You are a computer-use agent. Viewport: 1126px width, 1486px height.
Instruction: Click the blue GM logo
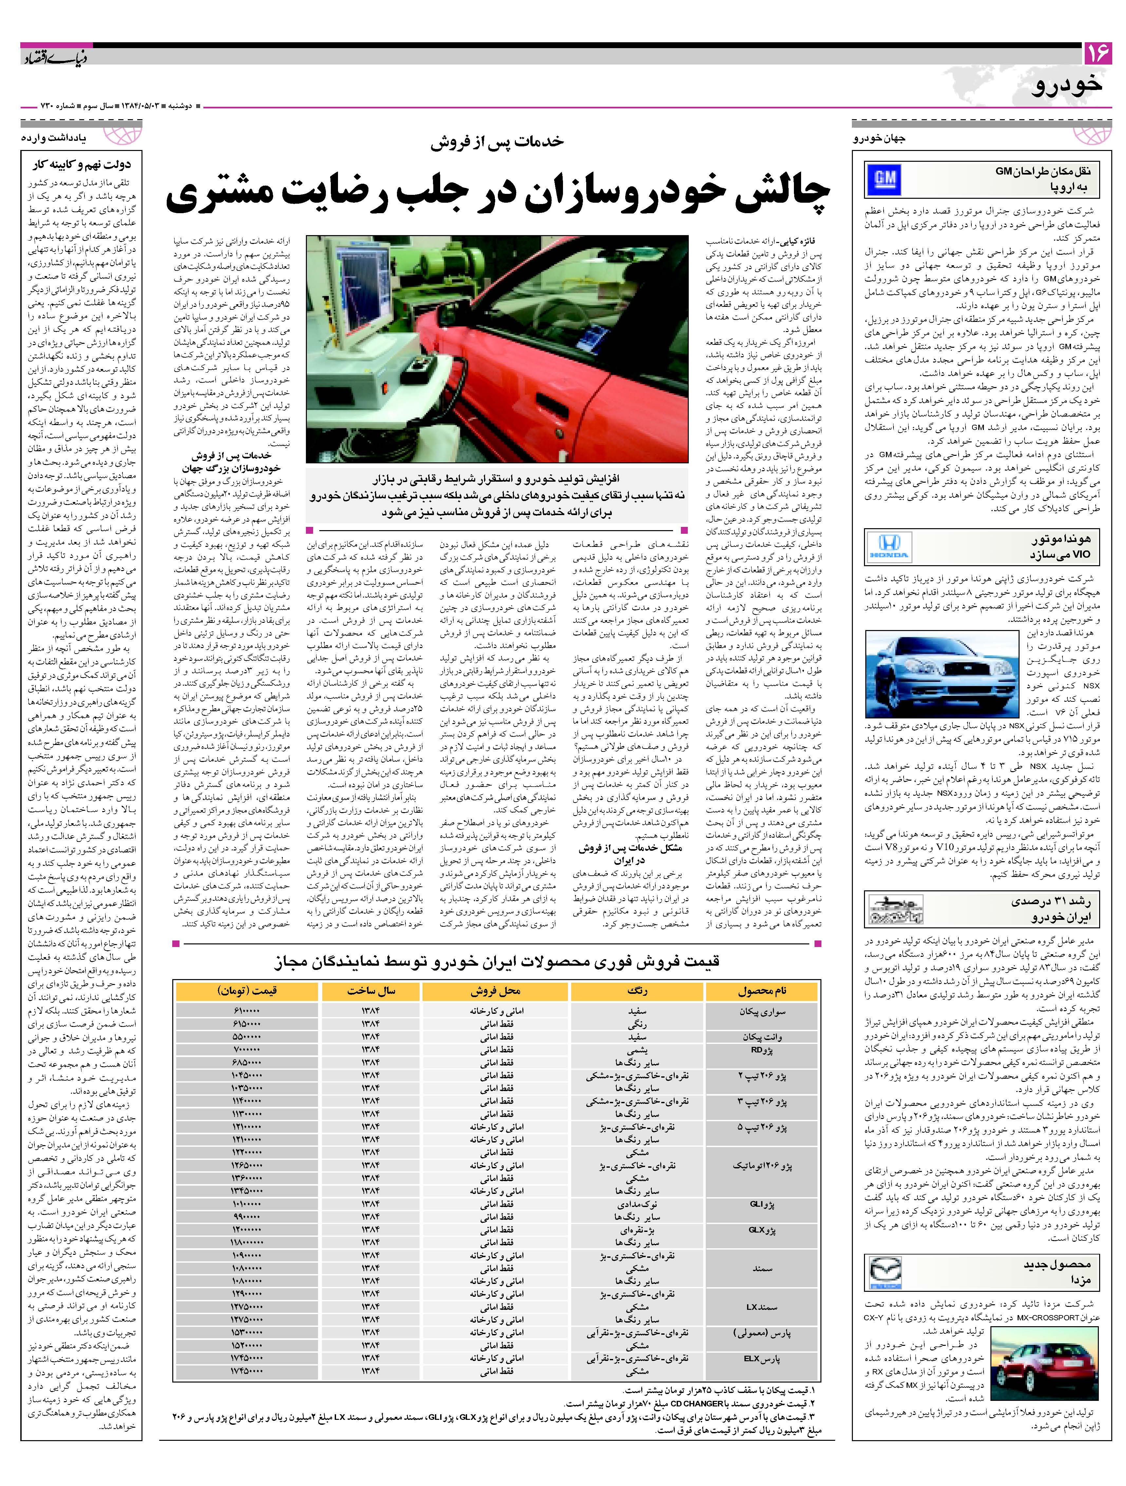(x=884, y=180)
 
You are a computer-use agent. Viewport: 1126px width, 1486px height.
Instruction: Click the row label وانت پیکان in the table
(x=762, y=1037)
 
